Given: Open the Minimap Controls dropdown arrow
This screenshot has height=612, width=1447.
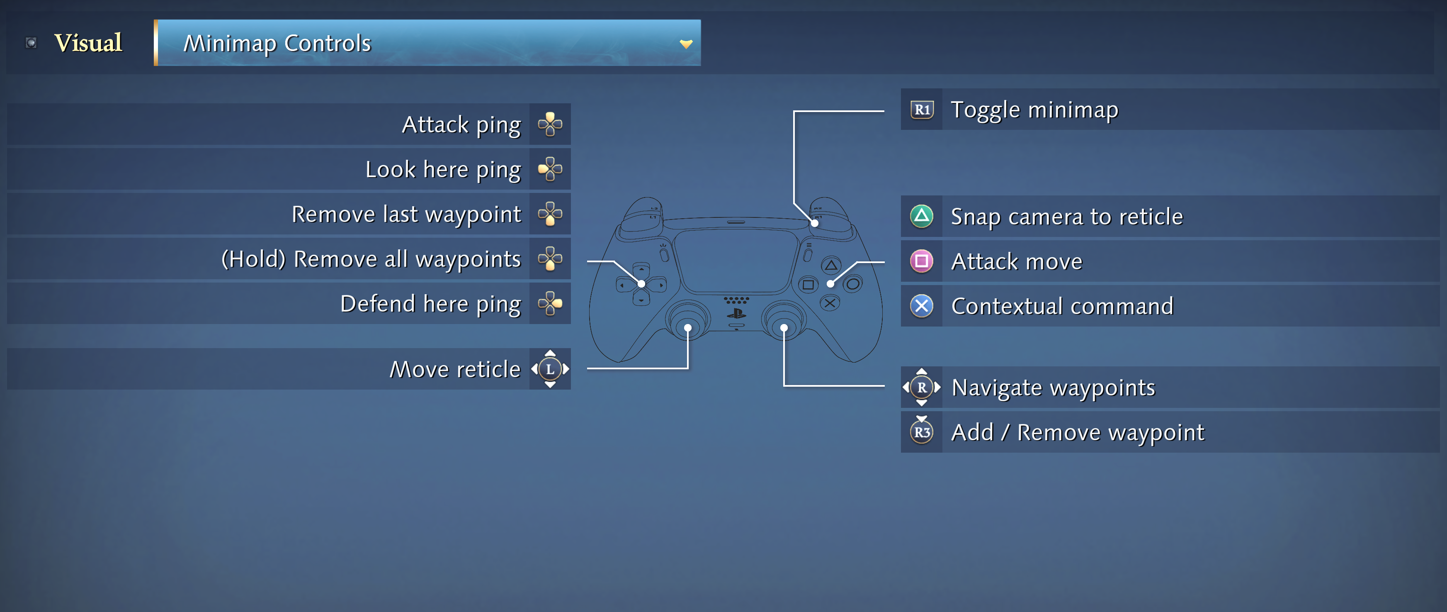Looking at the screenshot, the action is pos(686,44).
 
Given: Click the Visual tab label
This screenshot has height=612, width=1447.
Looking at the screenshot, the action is pos(88,43).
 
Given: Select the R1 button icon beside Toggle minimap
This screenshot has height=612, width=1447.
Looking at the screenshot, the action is pos(922,110).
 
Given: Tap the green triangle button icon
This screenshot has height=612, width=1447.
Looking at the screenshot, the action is pos(922,216).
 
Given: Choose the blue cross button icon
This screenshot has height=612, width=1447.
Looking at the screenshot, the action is pos(922,306).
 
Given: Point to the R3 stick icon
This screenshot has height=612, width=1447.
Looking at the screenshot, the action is pos(922,431).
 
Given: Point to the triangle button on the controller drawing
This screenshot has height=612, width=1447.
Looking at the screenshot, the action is pos(831,265).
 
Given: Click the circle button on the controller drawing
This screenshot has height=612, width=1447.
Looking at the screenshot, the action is pos(853,284).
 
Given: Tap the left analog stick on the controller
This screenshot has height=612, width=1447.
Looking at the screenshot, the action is pos(687,323).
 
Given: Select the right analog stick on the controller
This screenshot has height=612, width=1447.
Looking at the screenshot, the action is pos(784,323).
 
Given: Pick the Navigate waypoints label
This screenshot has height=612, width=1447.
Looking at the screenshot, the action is pos(1053,388).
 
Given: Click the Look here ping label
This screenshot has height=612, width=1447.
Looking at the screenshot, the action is pos(443,170).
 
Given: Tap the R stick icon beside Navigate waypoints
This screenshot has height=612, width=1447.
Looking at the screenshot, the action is pos(922,387).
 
